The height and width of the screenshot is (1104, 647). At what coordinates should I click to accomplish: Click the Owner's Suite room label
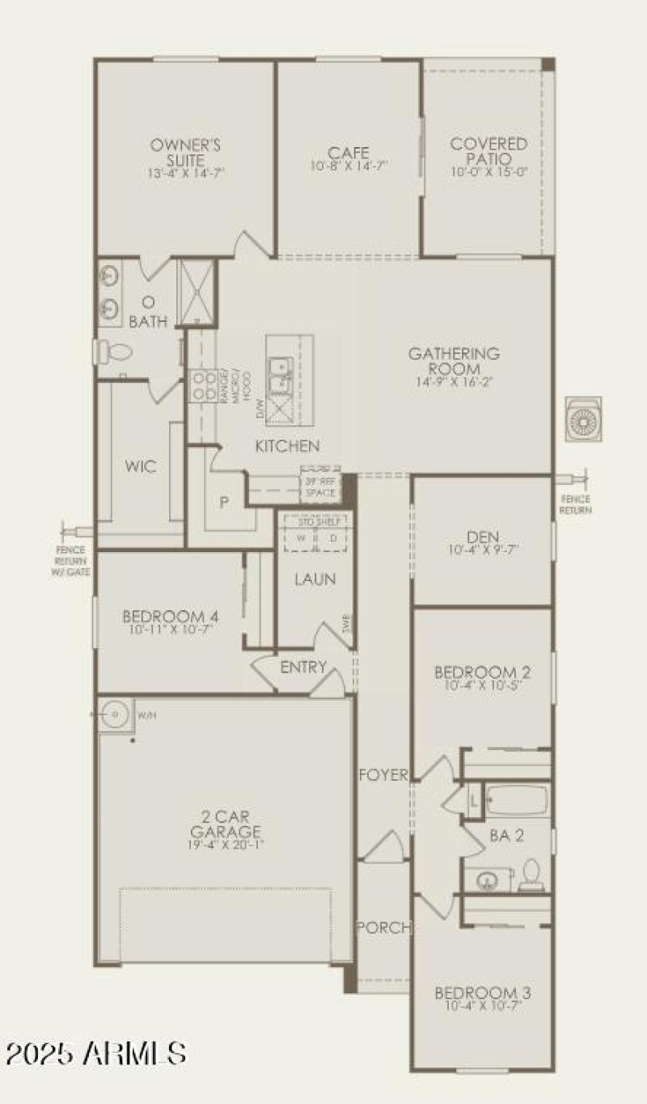[x=185, y=152]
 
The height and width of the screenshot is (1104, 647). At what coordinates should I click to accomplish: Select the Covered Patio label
[x=488, y=151]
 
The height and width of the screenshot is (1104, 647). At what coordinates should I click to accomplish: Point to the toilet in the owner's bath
[x=113, y=352]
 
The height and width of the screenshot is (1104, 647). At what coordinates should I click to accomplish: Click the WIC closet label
[x=141, y=467]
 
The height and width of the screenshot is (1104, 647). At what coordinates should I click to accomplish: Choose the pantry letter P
[x=225, y=501]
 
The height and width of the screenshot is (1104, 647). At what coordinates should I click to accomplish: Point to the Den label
[x=483, y=537]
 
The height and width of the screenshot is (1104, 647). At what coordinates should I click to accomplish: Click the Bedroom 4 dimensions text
[x=169, y=630]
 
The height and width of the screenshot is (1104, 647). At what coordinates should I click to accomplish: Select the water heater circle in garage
[x=116, y=714]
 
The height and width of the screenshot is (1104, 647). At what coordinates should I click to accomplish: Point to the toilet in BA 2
[x=531, y=874]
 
